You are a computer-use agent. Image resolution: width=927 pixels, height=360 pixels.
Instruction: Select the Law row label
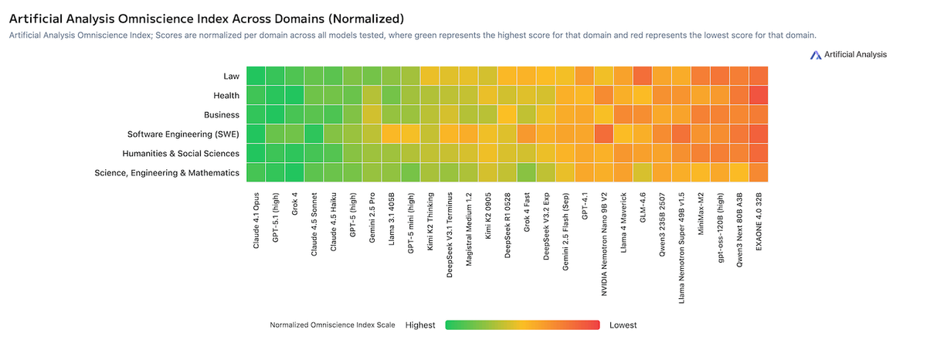click(x=231, y=76)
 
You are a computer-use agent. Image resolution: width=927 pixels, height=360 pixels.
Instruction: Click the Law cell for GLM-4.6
click(x=643, y=76)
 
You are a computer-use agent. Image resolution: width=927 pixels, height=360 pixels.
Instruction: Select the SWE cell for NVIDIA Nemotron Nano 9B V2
click(x=604, y=134)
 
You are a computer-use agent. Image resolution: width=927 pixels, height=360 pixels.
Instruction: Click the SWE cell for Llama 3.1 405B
click(x=392, y=134)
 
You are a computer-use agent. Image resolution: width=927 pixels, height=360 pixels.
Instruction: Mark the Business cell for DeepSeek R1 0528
click(x=508, y=114)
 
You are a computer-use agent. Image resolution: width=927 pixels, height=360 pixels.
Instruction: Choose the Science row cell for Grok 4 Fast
click(x=527, y=172)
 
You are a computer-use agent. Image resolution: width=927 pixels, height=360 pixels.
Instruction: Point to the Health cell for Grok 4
click(x=295, y=95)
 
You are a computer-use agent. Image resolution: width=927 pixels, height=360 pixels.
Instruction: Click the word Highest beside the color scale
click(x=420, y=325)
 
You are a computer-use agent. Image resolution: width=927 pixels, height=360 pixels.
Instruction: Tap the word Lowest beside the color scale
click(x=623, y=325)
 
